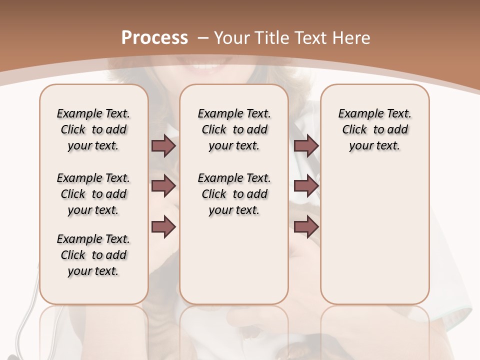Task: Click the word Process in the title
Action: coord(154,38)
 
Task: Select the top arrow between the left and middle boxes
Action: coord(163,145)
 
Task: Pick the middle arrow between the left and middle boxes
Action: coord(163,186)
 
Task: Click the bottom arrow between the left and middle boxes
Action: coord(163,227)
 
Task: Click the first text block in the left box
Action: coord(93,129)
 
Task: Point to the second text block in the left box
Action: coord(93,194)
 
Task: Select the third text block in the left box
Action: coord(93,255)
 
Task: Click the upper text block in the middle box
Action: coord(234,129)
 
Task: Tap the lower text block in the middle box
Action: coord(234,194)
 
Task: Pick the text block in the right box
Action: coord(374,129)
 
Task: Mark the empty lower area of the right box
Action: coord(374,235)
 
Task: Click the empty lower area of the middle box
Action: coord(234,260)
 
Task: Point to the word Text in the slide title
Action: coord(312,38)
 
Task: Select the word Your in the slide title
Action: coord(232,38)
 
